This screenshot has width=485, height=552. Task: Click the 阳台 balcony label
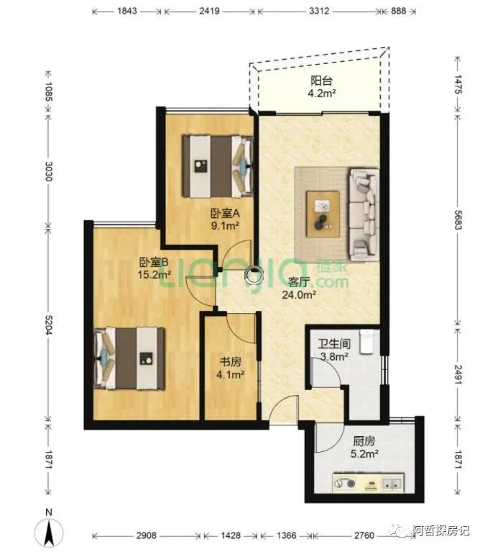[321, 81]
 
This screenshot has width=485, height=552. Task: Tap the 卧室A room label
[225, 213]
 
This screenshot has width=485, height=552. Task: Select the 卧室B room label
[154, 262]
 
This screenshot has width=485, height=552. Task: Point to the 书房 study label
[231, 361]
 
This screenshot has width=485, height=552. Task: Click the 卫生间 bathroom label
[334, 343]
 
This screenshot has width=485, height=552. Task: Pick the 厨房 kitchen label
[364, 440]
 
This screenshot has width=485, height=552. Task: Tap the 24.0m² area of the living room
[299, 294]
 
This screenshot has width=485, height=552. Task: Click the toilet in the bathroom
[366, 341]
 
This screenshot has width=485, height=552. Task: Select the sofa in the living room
[364, 214]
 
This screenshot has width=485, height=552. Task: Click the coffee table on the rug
[323, 214]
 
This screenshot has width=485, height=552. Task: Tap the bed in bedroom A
[218, 166]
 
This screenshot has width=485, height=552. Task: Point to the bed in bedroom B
[129, 358]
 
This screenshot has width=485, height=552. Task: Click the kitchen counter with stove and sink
[369, 483]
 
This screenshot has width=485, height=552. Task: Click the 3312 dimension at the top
[319, 11]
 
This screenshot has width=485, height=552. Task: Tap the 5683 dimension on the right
[458, 220]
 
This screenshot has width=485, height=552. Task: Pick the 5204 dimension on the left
[49, 325]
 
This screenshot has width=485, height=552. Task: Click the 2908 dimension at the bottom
[146, 535]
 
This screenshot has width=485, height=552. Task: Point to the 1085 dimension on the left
[49, 91]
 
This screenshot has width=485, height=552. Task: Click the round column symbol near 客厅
[254, 275]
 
